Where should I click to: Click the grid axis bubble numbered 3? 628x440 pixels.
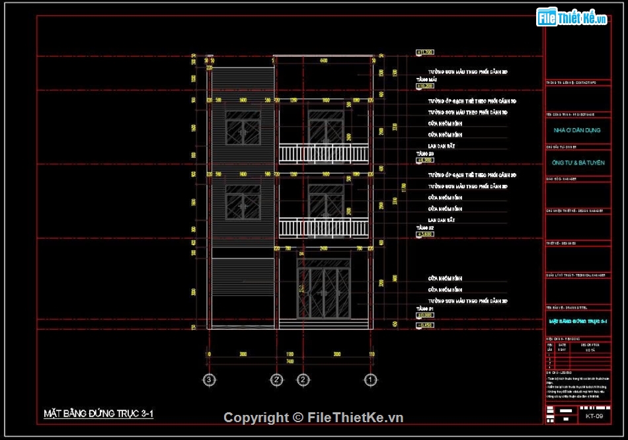(x=209, y=380)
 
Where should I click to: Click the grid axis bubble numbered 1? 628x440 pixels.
(x=371, y=380)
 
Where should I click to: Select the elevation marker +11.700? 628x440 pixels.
(x=424, y=52)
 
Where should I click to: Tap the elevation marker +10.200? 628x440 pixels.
(x=424, y=86)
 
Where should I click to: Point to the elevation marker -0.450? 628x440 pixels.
(x=424, y=325)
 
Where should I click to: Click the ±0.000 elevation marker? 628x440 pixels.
(x=424, y=315)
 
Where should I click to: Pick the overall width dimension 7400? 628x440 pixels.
(x=290, y=362)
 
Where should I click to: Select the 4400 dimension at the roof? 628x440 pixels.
(x=323, y=61)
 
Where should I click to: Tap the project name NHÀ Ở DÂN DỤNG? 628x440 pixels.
(x=577, y=130)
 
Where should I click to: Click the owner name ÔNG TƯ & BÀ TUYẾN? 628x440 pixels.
(x=577, y=163)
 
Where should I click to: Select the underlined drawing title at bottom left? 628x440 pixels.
(x=98, y=414)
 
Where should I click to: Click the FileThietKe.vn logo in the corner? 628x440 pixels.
(x=572, y=18)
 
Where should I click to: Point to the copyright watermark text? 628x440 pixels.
(x=313, y=418)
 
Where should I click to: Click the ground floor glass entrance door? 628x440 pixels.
(x=323, y=293)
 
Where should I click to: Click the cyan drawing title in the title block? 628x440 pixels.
(x=577, y=321)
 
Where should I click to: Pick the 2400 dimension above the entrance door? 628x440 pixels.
(x=323, y=249)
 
